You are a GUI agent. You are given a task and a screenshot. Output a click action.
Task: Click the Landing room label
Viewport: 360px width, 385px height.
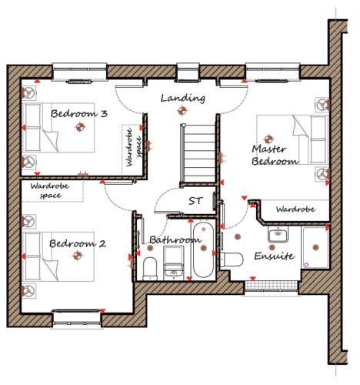(183, 98)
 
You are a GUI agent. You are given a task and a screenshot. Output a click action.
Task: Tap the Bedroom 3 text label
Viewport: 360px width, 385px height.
(79, 113)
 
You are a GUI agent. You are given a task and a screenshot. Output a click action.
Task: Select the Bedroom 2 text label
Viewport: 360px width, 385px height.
(78, 243)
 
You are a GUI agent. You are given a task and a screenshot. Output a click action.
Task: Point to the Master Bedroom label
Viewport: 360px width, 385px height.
(275, 155)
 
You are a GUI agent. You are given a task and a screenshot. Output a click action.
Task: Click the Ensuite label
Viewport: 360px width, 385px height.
(275, 256)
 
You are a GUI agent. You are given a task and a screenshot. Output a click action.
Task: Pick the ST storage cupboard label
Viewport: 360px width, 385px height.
(195, 201)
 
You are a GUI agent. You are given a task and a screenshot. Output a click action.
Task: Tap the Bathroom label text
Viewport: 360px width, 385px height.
(175, 240)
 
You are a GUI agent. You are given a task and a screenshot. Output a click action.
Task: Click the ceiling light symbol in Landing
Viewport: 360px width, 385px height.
(182, 111)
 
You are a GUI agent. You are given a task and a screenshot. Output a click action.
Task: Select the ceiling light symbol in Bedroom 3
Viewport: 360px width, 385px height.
(80, 127)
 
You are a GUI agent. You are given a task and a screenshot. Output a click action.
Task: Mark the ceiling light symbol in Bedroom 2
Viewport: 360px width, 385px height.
(77, 256)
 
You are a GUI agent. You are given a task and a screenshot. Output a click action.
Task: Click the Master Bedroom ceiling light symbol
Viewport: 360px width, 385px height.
(268, 139)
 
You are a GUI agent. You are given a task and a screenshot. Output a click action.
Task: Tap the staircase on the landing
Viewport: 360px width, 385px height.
(198, 153)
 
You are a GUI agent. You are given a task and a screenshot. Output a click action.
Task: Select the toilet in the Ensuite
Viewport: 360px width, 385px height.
(232, 259)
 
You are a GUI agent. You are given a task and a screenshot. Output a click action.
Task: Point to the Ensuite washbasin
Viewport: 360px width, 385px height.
(278, 234)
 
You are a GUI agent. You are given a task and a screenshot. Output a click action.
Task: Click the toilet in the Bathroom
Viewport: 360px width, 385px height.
(150, 269)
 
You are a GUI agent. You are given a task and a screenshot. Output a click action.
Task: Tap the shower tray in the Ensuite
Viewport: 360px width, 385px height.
(315, 248)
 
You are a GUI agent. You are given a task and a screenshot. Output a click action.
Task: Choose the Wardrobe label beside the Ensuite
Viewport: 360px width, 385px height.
(295, 209)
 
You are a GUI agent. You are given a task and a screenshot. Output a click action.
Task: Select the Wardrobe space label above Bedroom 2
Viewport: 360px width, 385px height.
(50, 190)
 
